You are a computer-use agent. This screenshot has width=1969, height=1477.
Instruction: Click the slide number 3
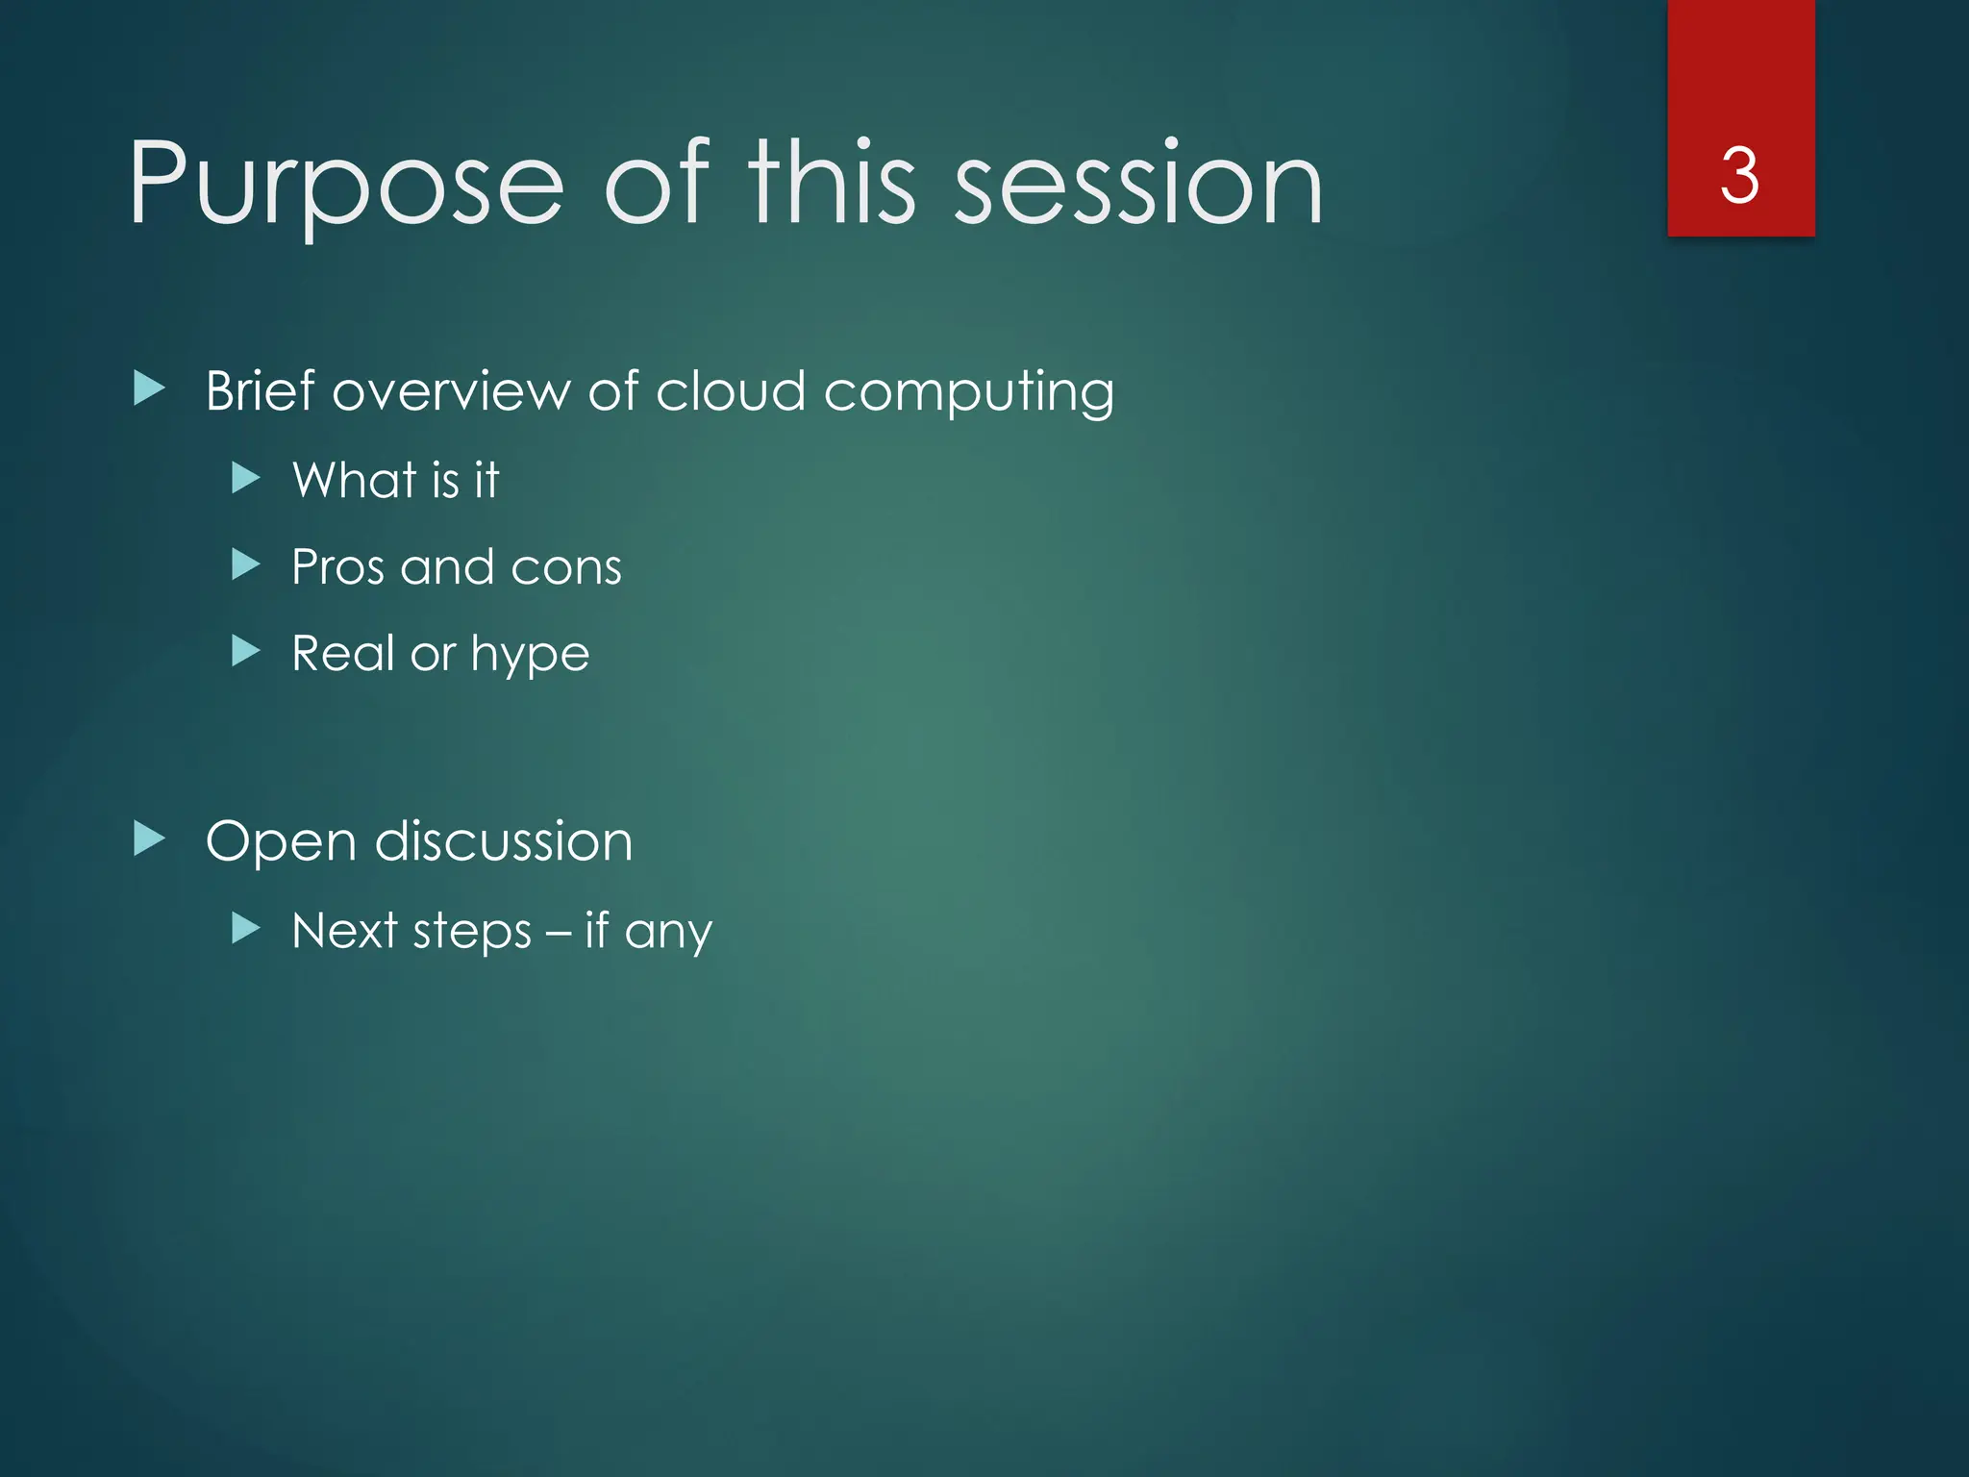1739,176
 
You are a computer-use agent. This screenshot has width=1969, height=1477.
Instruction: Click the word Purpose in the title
346,185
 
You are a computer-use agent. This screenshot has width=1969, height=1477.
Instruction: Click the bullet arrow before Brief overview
149,389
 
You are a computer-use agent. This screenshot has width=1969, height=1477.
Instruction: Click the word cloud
731,390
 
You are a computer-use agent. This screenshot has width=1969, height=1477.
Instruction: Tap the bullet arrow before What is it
246,478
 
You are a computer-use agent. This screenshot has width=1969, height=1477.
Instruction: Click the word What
355,479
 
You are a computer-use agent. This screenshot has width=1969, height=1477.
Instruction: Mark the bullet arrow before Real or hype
246,652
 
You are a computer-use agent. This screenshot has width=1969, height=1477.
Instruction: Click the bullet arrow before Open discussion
149,839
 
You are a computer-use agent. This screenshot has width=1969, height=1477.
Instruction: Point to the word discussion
504,840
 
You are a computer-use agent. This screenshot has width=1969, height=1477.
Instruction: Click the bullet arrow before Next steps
246,928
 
